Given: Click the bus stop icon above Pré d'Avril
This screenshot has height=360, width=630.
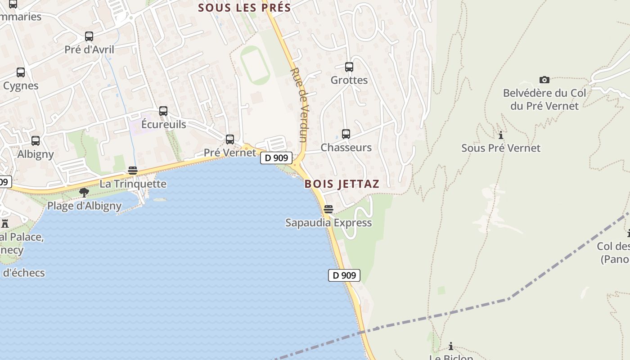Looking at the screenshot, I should click(x=89, y=36).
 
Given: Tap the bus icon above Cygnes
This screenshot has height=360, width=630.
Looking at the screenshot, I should click(x=21, y=72).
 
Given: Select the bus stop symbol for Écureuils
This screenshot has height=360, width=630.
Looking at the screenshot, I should click(x=163, y=111).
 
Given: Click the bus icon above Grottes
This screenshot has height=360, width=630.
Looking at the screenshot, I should click(x=349, y=67).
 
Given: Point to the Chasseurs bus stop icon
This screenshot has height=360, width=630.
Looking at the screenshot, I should click(x=346, y=134).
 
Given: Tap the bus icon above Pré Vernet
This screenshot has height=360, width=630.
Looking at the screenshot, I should click(x=230, y=139).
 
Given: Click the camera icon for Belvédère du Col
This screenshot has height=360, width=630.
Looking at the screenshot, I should click(x=544, y=80).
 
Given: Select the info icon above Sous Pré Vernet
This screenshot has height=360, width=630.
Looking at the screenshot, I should click(x=500, y=135).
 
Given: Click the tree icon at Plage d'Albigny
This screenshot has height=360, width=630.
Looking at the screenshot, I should click(x=84, y=193).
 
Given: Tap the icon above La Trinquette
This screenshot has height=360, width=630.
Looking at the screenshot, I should click(x=132, y=171).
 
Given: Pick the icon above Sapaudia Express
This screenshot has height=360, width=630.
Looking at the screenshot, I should click(x=328, y=209).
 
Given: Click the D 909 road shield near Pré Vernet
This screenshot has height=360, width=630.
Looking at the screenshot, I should click(x=276, y=158).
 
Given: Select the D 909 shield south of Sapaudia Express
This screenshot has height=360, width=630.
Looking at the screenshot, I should click(x=344, y=275).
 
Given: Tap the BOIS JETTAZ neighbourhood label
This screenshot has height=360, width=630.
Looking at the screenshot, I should click(x=342, y=184).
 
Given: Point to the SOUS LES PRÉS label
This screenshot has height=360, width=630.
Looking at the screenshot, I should click(x=244, y=8).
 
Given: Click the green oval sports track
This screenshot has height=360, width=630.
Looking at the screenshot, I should click(x=255, y=65).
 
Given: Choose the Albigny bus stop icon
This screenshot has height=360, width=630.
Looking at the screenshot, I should click(x=36, y=141).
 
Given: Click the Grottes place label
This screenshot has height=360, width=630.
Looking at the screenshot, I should click(x=349, y=80).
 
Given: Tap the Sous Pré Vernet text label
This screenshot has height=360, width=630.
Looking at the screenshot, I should click(x=501, y=148).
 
